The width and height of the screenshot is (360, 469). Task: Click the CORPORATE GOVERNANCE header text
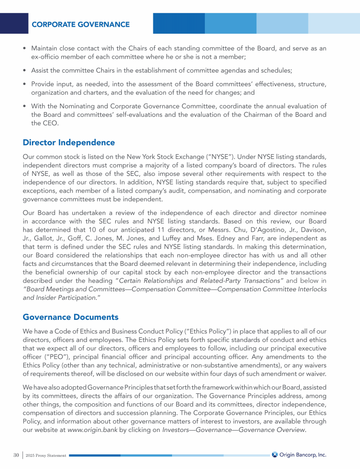pos(81,24)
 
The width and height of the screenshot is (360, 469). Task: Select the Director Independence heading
pos(68,142)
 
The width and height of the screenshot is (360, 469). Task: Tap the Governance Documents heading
pos(70,318)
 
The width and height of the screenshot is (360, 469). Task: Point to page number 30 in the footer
pos(16,455)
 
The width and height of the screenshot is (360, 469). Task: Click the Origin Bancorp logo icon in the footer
pos(275,454)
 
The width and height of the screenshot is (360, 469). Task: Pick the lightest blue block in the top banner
pos(334,23)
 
